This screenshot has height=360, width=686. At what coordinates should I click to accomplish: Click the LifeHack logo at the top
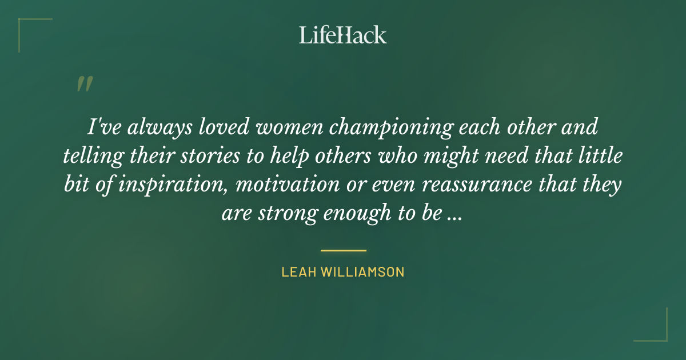point(343,35)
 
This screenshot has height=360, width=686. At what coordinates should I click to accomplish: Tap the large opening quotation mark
point(84,84)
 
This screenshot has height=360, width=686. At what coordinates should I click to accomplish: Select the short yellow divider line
point(343,250)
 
